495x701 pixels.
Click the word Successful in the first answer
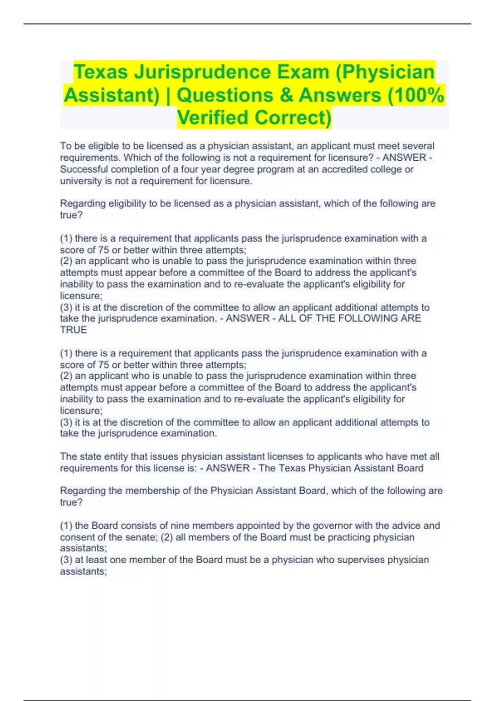pyautogui.click(x=84, y=169)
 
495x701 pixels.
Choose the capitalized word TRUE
pyautogui.click(x=73, y=330)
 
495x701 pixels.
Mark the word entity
pyautogui.click(x=115, y=456)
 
